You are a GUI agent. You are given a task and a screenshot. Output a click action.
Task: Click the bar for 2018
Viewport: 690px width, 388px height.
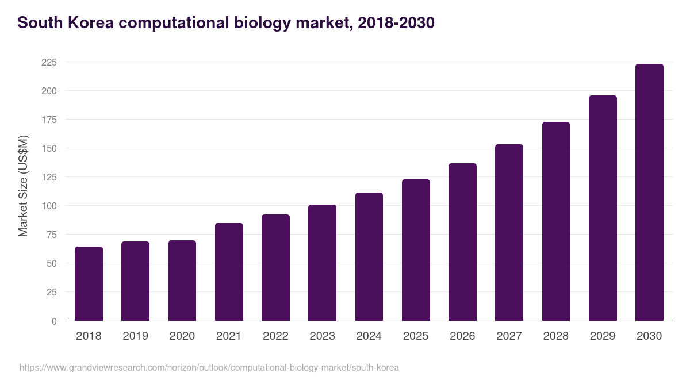pos(89,284)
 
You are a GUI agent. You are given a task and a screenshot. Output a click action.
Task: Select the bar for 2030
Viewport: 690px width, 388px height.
pos(649,193)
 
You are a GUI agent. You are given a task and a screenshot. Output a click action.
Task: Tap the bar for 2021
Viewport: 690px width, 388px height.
pos(229,272)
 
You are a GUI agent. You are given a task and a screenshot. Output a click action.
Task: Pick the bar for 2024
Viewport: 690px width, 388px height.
pos(369,257)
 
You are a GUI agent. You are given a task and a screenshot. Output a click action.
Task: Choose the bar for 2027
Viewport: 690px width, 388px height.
pos(509,233)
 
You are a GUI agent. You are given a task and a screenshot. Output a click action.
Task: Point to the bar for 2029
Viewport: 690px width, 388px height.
pos(603,208)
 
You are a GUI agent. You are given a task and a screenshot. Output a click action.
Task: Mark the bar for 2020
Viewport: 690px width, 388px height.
pos(182,281)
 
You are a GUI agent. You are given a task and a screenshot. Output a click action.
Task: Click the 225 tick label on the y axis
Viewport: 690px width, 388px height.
pos(49,62)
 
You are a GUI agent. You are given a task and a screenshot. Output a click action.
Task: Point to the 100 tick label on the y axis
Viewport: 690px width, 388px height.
pos(49,206)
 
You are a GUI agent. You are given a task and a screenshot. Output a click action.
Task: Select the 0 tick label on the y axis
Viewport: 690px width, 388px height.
pos(54,321)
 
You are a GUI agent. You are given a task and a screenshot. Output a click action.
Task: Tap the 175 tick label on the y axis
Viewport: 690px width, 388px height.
pos(49,120)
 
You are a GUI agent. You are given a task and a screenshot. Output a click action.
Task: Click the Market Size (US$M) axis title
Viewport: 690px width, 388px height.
pos(23,186)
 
